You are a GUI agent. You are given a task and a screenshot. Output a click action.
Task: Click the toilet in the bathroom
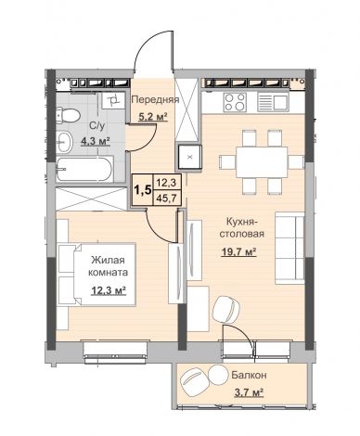pos(68,115)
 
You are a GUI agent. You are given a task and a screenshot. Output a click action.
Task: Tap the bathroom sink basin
pos(64,142)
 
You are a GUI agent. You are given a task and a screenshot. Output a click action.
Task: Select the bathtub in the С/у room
pos(84,169)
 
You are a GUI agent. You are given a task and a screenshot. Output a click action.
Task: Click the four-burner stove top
pos(235,102)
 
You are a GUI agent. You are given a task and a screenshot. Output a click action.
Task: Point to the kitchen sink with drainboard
pos(273,102)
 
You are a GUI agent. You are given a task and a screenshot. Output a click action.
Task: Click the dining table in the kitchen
pos(262,162)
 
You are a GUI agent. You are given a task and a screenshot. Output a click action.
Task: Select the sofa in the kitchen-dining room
pos(289,248)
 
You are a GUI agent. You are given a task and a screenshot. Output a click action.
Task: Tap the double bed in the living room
pos(96,275)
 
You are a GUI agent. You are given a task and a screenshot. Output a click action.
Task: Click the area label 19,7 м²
pos(239,252)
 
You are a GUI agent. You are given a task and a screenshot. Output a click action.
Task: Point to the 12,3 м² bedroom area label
pos(109,290)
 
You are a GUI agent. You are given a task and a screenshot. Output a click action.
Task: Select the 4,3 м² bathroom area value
pos(96,141)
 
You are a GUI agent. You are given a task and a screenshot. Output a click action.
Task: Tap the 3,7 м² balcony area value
pos(249,392)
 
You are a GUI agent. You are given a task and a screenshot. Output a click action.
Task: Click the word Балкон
pos(249,376)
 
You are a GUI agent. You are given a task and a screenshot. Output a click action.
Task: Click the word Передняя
pos(156,99)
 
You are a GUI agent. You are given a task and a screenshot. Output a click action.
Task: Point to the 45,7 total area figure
pos(166,198)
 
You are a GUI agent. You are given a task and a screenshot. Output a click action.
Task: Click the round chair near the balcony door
pos(226,310)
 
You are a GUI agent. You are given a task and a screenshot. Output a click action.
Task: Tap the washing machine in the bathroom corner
pos(113,100)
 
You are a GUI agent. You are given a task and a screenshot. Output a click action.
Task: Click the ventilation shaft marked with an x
pos(189,157)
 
